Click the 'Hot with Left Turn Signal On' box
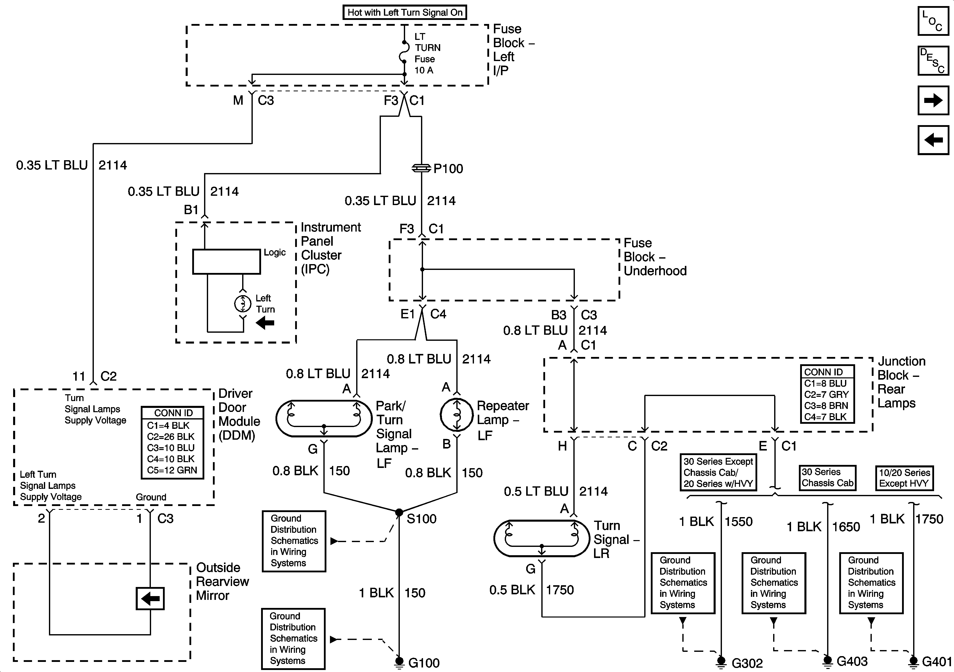pyautogui.click(x=405, y=12)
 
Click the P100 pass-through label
pyautogui.click(x=448, y=169)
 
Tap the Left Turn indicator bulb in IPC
pyautogui.click(x=243, y=304)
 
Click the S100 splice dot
pyautogui.click(x=399, y=512)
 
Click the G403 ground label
pyautogui.click(x=852, y=661)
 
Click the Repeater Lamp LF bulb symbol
pyautogui.click(x=457, y=415)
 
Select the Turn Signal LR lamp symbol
pyautogui.click(x=541, y=538)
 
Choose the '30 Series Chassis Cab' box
pyautogui.click(x=827, y=478)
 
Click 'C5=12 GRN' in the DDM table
pyautogui.click(x=172, y=470)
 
